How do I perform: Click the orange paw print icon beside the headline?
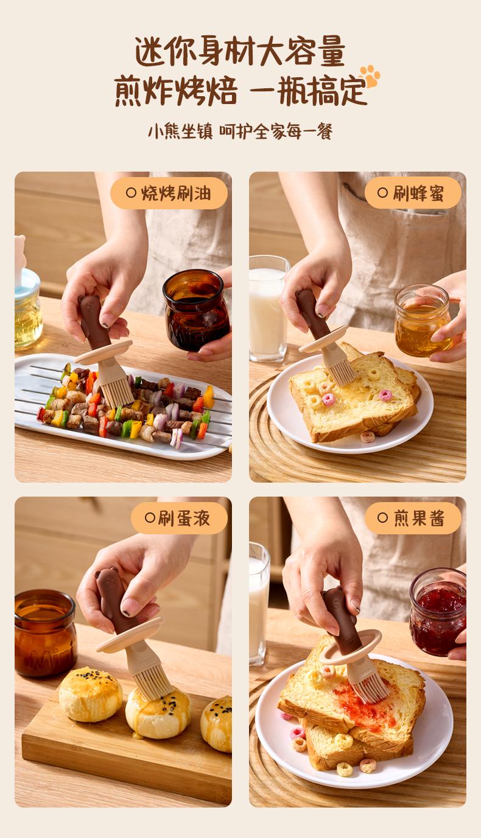370,76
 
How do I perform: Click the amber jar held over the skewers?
196,310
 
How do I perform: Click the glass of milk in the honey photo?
268,309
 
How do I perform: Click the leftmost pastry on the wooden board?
91,694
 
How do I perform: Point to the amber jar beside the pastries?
45,633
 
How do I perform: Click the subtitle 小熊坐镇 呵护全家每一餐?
240,131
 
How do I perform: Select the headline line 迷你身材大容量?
240,51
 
